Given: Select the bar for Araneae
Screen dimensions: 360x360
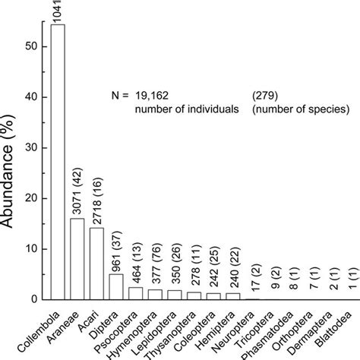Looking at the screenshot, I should coord(77,259).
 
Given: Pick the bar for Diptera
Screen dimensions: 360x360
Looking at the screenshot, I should coord(115,287).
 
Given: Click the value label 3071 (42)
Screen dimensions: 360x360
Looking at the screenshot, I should coord(77,191).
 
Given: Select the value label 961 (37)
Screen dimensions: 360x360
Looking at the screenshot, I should coord(116,247).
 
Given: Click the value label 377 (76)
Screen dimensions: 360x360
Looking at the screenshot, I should coord(155,262).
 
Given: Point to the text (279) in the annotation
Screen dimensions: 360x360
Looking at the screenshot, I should coord(264,96).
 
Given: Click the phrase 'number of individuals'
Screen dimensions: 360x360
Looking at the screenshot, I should coord(183,109).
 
